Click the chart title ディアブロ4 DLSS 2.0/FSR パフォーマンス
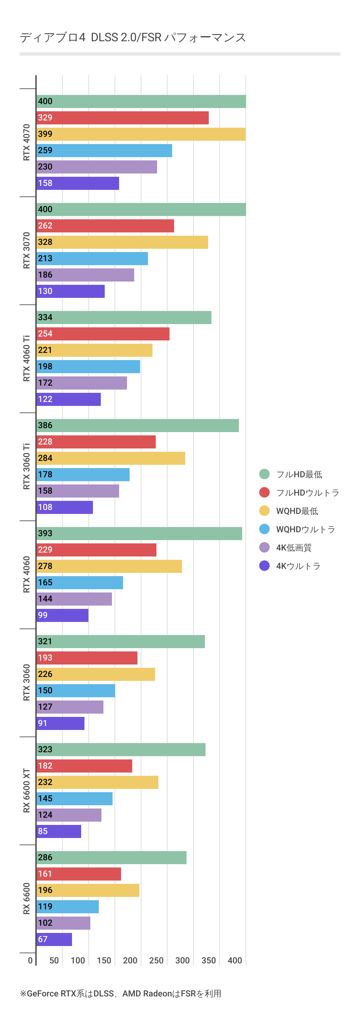pos(133,38)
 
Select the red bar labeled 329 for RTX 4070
pos(122,118)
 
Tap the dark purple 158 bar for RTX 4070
pos(78,183)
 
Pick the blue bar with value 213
pos(92,259)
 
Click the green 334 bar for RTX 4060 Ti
pos(124,317)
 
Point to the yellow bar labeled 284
pos(111,458)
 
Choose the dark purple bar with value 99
pos(62,615)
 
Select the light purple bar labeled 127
pos(70,707)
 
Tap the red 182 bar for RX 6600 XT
pos(84,766)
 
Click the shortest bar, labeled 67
pos(54,939)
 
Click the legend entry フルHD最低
pos(299,474)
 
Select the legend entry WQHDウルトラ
pos(305,529)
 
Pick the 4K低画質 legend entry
pos(294,548)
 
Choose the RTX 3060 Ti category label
pos(27,466)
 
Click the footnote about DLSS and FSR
pos(121,993)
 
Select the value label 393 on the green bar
pos(45,533)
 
